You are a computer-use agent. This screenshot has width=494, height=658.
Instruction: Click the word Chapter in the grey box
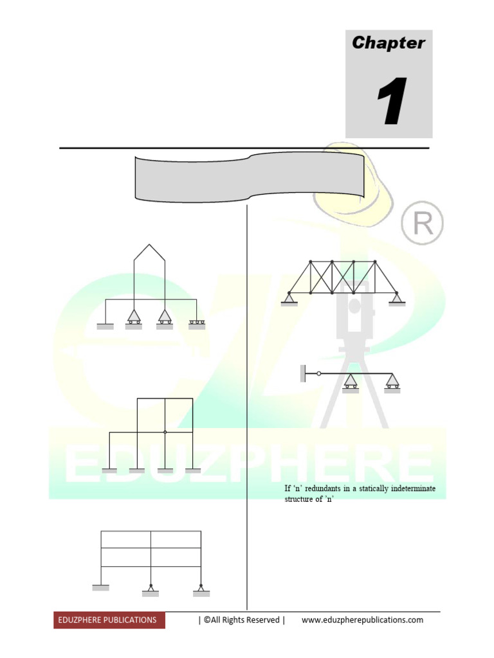pyautogui.click(x=389, y=43)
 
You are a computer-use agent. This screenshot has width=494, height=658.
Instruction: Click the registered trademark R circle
pyautogui.click(x=422, y=224)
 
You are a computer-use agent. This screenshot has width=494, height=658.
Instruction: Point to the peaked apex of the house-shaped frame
pyautogui.click(x=149, y=244)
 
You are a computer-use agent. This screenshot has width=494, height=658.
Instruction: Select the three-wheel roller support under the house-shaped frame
pyautogui.click(x=197, y=323)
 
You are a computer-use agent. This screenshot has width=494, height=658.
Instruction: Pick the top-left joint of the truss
pyautogui.click(x=311, y=262)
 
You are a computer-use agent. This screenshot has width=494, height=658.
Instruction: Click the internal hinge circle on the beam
pyautogui.click(x=318, y=373)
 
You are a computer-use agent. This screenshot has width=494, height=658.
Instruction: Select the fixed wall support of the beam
pyautogui.click(x=302, y=373)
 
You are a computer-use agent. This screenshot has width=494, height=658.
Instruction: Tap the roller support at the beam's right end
pyautogui.click(x=392, y=383)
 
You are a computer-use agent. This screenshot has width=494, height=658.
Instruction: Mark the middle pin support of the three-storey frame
pyautogui.click(x=151, y=589)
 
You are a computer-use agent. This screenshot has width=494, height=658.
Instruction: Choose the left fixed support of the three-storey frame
pyautogui.click(x=101, y=587)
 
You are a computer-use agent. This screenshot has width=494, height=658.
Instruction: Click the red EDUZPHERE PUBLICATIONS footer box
pyautogui.click(x=109, y=620)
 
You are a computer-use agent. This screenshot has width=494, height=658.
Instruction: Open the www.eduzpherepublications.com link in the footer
pyautogui.click(x=362, y=620)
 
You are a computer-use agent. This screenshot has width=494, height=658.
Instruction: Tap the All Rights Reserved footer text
pyautogui.click(x=241, y=620)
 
